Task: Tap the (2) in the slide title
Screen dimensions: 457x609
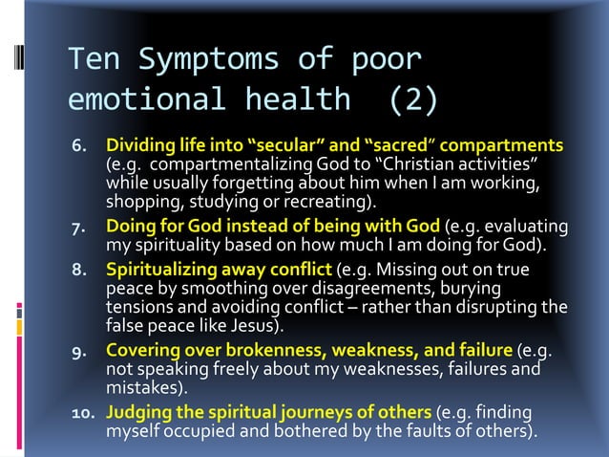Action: click(413, 98)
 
